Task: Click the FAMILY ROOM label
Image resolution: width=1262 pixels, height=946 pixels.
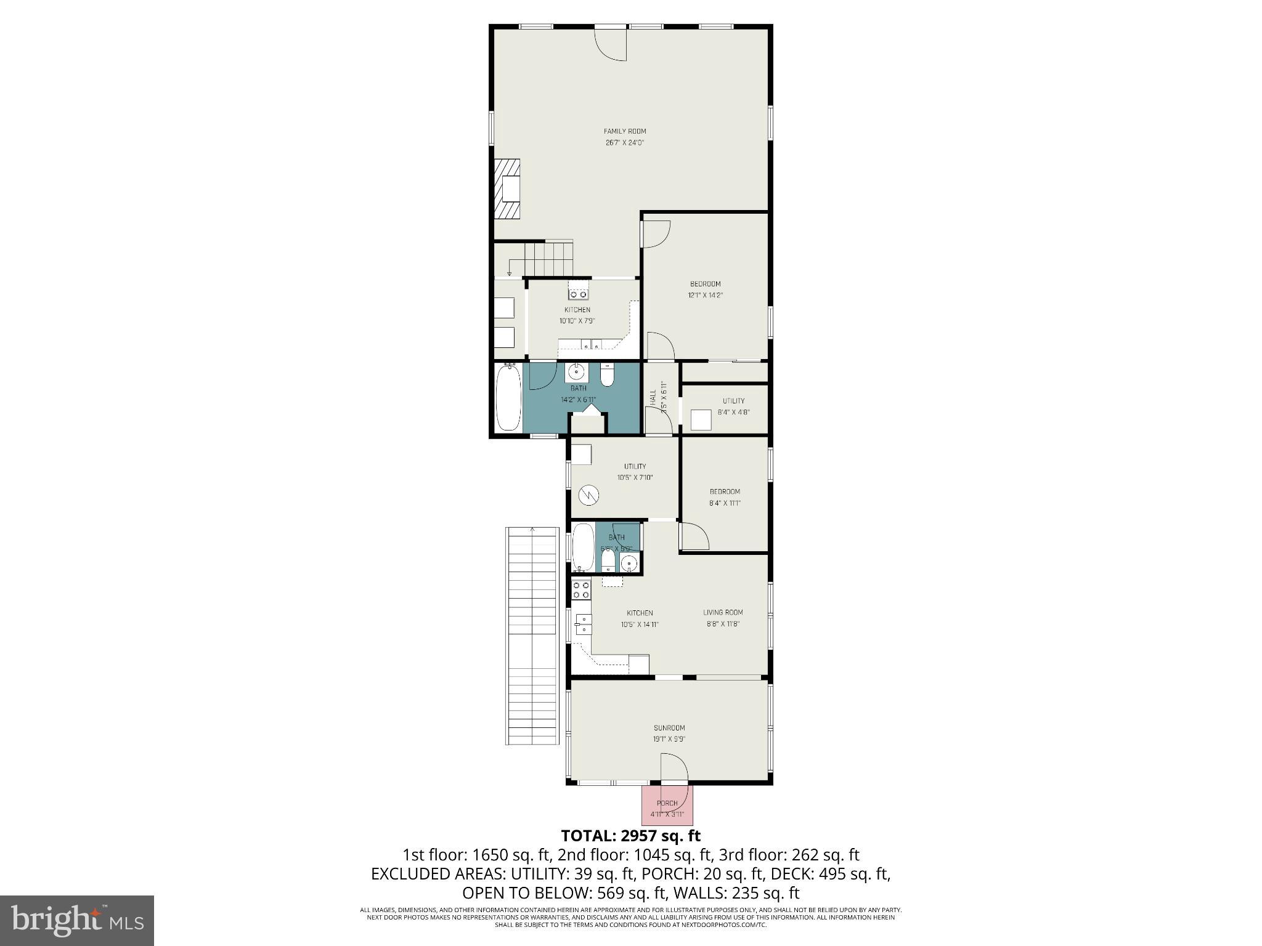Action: (x=624, y=131)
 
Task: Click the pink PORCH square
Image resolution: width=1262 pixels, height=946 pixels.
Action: (x=667, y=806)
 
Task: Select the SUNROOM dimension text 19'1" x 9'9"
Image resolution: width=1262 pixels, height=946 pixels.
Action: (x=669, y=739)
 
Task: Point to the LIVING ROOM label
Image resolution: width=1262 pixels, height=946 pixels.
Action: (x=723, y=612)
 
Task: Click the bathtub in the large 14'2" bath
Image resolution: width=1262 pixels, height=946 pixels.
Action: (x=508, y=397)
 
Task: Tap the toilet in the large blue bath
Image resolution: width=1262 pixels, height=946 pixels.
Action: (x=608, y=376)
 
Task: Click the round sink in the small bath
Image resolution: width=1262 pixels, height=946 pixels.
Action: (x=629, y=563)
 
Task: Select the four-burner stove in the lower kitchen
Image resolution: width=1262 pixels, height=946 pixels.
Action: (x=581, y=589)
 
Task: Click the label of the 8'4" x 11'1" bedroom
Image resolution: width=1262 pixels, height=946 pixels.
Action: (x=725, y=491)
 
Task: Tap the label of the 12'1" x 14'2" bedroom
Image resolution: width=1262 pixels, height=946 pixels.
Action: (x=705, y=284)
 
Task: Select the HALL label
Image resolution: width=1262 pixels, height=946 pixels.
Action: (x=653, y=397)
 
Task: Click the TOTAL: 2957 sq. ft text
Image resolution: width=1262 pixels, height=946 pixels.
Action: (x=630, y=836)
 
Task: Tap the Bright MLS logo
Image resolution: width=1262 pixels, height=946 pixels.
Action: (x=76, y=920)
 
